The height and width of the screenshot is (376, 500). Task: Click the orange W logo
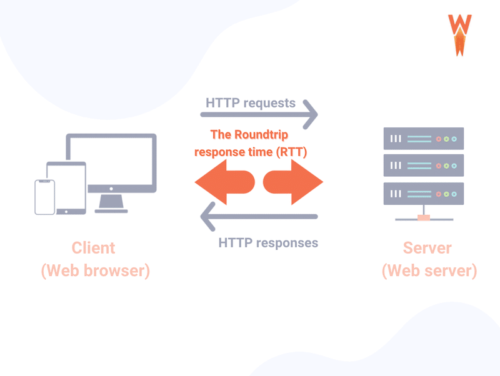pos(459,34)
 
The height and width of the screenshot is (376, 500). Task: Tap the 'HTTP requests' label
pos(251,102)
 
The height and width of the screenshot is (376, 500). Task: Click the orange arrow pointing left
pos(224,182)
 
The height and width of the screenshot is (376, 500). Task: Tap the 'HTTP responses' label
pos(268,242)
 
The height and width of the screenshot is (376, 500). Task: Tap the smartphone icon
pos(44,197)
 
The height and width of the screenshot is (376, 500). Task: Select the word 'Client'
pos(94,247)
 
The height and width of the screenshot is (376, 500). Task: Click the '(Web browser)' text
pos(95,271)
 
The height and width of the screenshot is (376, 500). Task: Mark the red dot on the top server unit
pos(438,138)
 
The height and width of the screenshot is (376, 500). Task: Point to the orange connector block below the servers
pos(424,218)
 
